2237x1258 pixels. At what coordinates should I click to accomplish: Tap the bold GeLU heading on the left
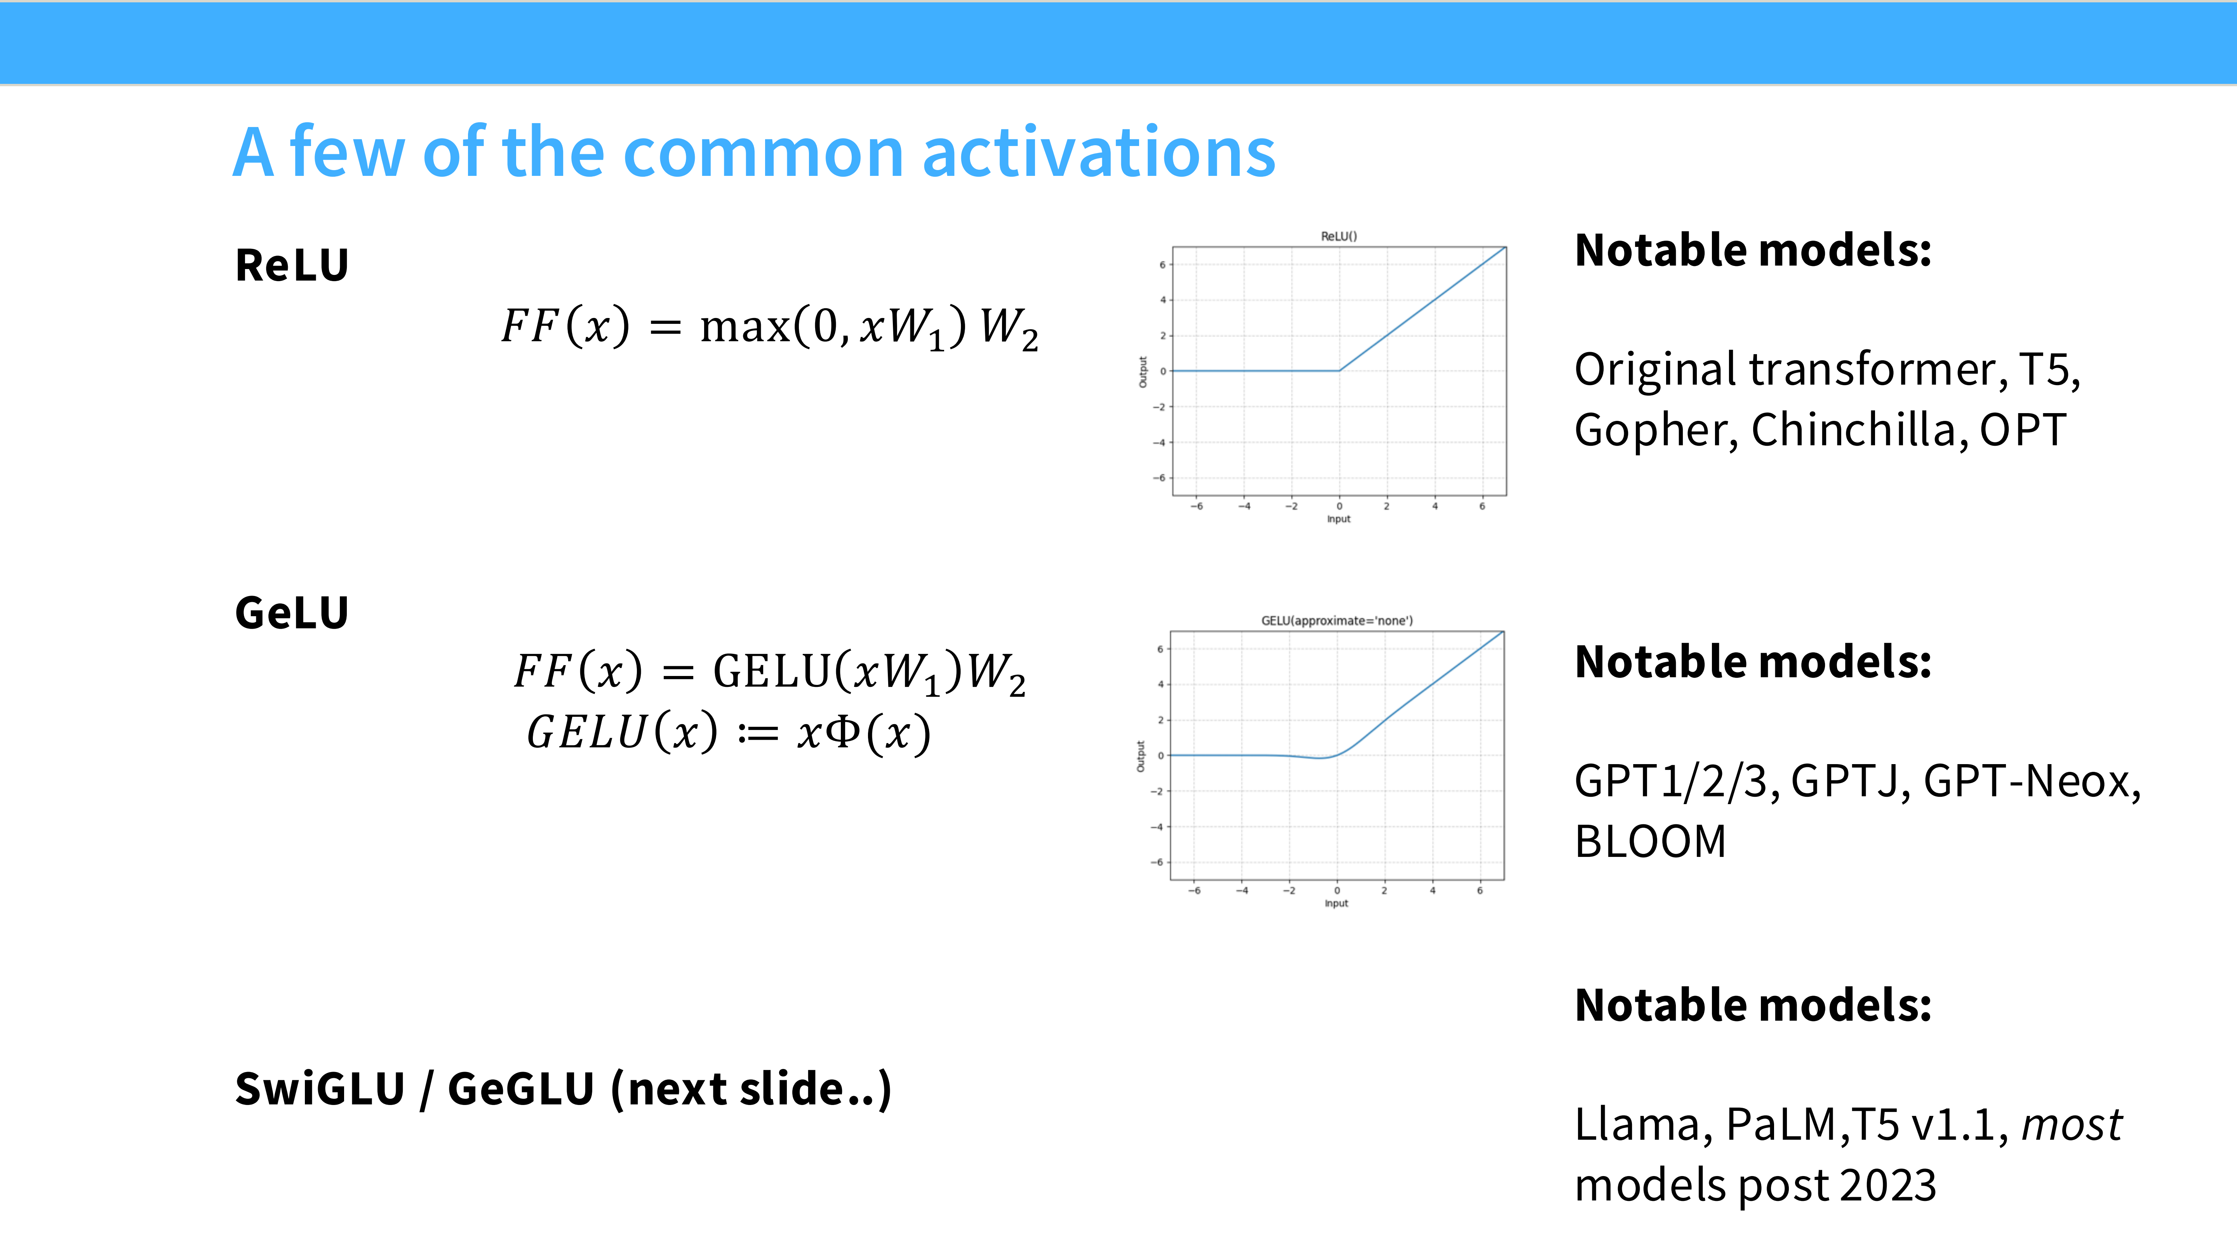(x=292, y=613)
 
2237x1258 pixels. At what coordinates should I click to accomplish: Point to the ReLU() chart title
(x=1338, y=236)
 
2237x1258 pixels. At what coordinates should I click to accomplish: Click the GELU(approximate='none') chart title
(x=1336, y=621)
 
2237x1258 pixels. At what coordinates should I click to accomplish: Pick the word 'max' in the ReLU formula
(x=744, y=327)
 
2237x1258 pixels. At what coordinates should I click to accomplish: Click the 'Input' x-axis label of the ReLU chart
(x=1338, y=519)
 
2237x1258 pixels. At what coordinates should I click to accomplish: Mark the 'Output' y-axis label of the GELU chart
(x=1141, y=756)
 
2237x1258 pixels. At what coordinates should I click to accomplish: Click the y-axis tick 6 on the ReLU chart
(x=1162, y=265)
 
